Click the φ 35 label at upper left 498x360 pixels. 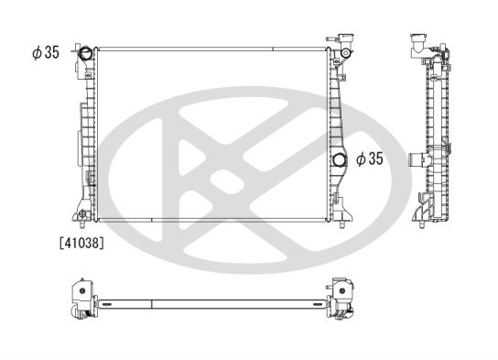coord(45,52)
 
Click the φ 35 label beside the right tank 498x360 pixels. coord(368,159)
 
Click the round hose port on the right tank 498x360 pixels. coord(341,162)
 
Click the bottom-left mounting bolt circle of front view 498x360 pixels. coord(83,216)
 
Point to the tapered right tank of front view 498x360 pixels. coord(337,119)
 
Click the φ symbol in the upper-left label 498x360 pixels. coord(35,52)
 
